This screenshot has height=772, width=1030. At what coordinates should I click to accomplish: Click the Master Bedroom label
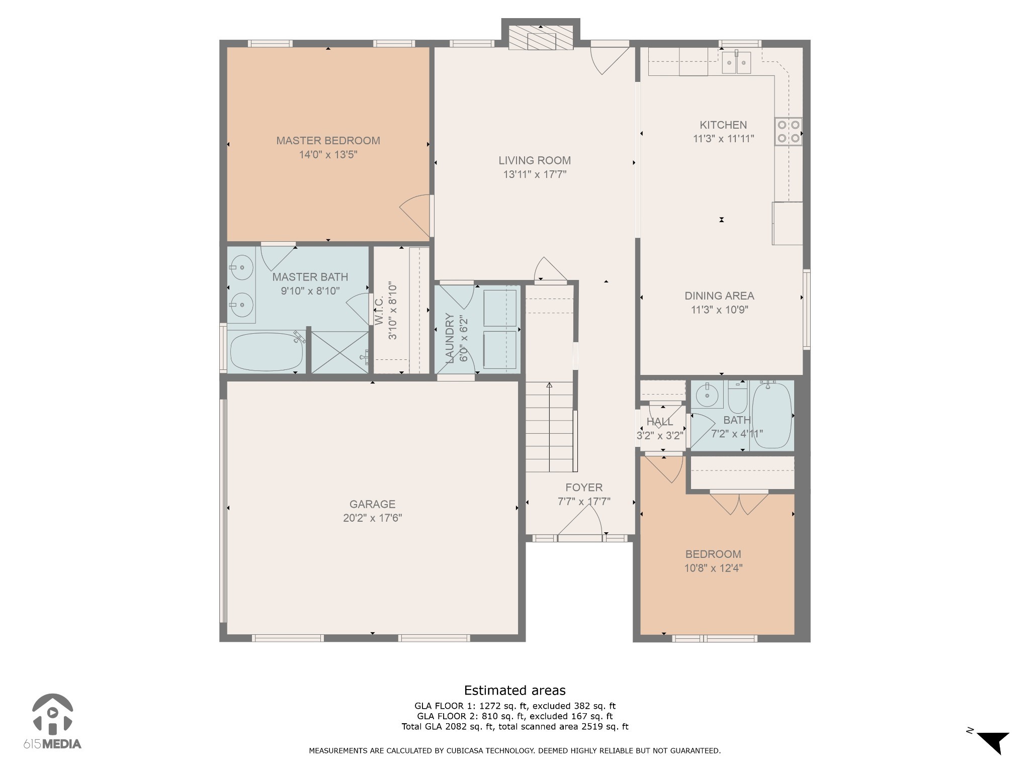pyautogui.click(x=328, y=141)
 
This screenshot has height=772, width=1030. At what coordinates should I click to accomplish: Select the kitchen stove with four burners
pyautogui.click(x=788, y=132)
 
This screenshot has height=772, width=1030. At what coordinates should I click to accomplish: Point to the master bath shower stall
pyautogui.click(x=340, y=352)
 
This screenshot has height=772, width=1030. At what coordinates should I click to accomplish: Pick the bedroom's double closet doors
pyautogui.click(x=739, y=503)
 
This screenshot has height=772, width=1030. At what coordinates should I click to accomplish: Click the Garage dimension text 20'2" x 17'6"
pyautogui.click(x=372, y=518)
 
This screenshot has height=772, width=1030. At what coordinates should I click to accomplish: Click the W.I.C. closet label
pyautogui.click(x=379, y=310)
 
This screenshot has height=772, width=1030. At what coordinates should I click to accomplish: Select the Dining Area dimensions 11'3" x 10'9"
pyautogui.click(x=719, y=310)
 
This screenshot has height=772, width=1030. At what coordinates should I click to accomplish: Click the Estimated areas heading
pyautogui.click(x=514, y=690)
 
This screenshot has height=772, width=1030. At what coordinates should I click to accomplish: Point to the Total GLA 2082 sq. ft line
pyautogui.click(x=514, y=726)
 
